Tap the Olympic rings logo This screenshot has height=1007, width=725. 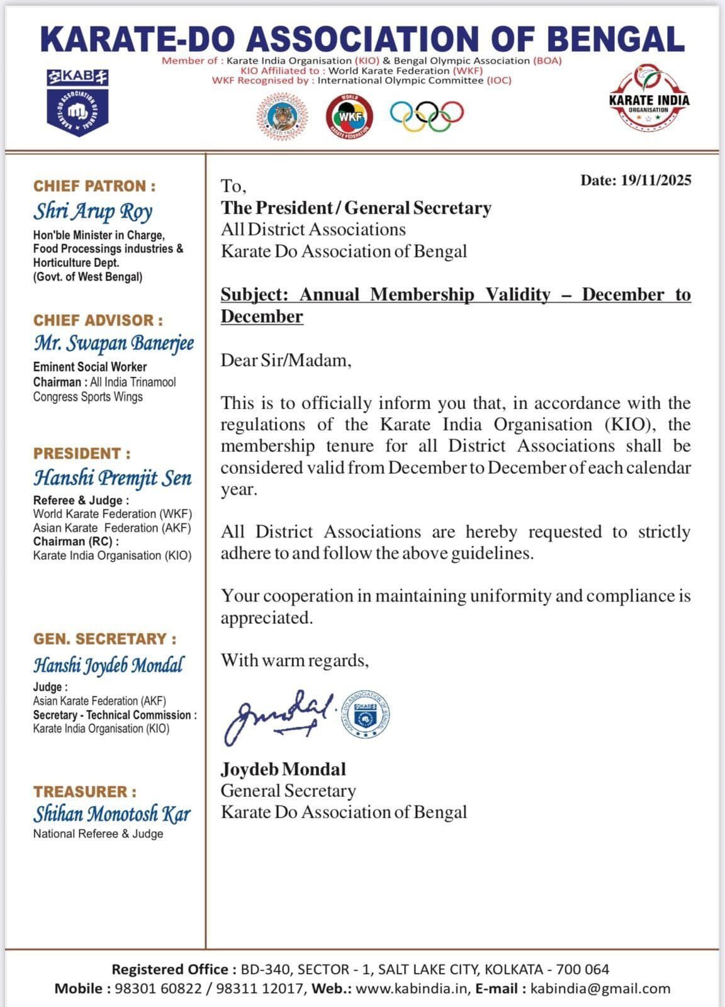coord(427,115)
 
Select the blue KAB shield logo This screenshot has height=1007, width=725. coord(77,104)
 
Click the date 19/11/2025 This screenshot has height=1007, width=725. coord(656,181)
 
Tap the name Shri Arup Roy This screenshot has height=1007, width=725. coord(93,211)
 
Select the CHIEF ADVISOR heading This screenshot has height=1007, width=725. coord(98,320)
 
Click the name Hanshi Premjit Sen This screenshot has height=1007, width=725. coord(113,478)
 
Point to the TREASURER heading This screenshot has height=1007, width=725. coord(85,792)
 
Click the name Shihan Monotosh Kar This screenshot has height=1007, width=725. coord(112,814)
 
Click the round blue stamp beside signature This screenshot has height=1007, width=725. coord(365,714)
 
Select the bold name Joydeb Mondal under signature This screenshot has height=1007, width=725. coord(283,769)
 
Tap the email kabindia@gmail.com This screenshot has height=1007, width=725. coord(600,988)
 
